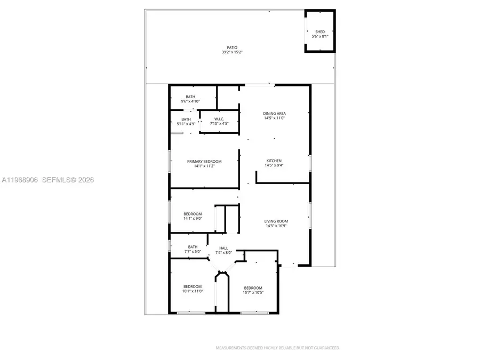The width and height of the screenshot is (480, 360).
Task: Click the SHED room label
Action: (320, 31)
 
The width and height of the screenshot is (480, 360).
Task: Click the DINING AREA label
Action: (274, 113)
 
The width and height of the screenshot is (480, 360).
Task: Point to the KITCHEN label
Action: (274, 161)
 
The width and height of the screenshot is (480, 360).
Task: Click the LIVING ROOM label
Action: (276, 221)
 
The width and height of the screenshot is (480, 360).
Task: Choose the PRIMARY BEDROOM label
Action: (204, 161)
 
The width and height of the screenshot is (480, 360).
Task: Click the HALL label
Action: (223, 248)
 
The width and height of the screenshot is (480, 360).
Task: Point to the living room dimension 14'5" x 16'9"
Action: (276, 226)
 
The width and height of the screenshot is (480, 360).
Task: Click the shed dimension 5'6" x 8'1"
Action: (320, 37)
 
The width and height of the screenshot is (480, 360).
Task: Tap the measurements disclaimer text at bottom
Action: (277, 348)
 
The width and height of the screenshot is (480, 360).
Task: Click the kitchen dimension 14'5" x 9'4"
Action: (274, 166)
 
